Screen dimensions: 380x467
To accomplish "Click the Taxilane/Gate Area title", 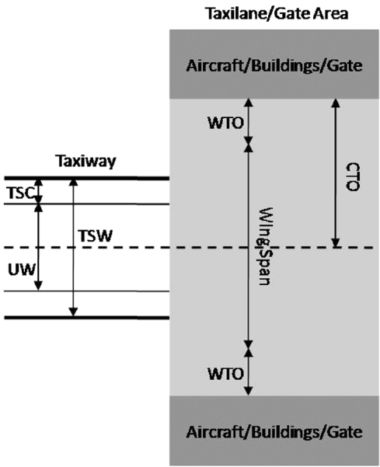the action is (277, 14).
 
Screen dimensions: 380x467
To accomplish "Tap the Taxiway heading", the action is (86, 161).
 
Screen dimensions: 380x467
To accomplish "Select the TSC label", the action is (20, 193).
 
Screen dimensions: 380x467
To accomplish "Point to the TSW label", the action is (96, 236).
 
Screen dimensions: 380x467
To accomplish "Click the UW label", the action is (22, 270).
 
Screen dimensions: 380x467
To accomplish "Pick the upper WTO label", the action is (225, 123).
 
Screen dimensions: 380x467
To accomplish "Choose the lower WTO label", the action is (225, 374).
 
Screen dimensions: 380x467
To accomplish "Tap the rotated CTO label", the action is (353, 176).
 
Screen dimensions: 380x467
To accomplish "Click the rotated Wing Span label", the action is (263, 246).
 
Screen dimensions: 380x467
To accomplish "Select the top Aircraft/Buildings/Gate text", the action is (274, 65).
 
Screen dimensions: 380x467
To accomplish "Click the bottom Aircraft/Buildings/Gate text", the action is (274, 432).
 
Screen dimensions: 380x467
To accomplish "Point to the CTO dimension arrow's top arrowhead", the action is (336, 103).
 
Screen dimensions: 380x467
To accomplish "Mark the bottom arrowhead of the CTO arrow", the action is (336, 243).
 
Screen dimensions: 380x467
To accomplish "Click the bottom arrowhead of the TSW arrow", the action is (73, 312).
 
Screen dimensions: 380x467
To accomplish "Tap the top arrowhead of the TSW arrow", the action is (73, 183).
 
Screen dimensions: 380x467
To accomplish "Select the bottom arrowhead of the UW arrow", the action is (38, 286).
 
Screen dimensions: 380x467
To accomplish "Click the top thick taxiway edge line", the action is (87, 179).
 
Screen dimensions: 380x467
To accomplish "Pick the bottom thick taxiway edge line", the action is (87, 318).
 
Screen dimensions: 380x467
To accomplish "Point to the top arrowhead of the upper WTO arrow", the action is (249, 103).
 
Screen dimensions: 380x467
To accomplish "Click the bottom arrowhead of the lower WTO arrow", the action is (249, 391).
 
